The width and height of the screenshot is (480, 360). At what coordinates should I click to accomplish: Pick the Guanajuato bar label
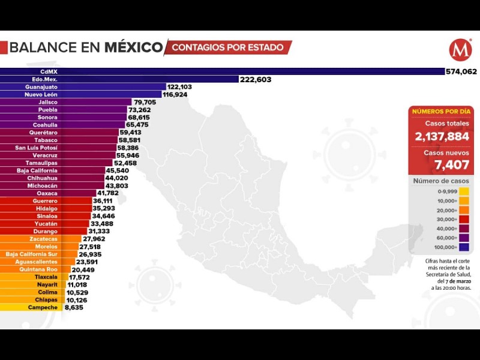[41, 87]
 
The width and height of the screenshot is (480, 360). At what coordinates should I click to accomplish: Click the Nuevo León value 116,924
[179, 95]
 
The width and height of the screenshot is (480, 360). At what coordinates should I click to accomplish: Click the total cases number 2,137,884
[441, 136]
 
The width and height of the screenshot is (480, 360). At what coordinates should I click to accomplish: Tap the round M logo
[460, 50]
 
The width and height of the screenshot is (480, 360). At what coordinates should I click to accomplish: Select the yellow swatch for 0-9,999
[464, 191]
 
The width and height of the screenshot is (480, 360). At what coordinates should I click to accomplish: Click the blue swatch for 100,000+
[464, 247]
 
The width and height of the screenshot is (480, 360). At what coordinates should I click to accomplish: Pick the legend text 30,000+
[448, 219]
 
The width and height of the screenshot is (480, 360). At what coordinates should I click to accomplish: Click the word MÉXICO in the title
[133, 47]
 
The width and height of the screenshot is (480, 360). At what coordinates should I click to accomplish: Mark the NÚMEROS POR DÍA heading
[441, 111]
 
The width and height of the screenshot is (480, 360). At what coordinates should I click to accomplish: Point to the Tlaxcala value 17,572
[79, 277]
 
